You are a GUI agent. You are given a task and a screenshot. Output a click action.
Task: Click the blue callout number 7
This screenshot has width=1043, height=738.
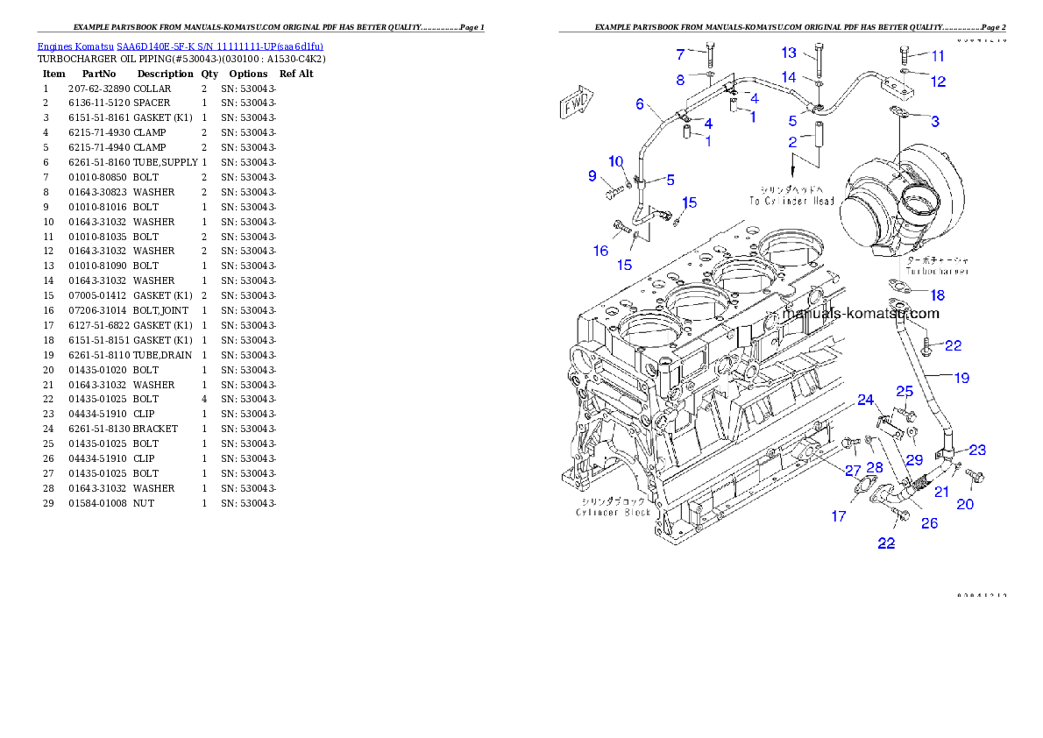[x=679, y=54]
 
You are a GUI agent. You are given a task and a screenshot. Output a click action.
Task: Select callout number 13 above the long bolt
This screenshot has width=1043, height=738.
[x=789, y=53]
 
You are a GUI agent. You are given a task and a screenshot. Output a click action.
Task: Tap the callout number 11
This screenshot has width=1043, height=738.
[x=938, y=56]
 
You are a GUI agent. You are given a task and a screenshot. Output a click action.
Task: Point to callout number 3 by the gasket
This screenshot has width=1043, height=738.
[x=935, y=121]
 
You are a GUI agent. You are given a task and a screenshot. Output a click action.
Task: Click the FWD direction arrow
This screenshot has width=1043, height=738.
[x=576, y=106]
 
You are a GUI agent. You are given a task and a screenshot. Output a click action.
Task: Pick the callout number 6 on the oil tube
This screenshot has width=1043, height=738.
[x=640, y=104]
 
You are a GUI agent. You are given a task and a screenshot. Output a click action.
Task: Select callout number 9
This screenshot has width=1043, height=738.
[x=592, y=175]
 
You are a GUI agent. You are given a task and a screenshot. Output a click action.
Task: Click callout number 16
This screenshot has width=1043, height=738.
[x=600, y=251]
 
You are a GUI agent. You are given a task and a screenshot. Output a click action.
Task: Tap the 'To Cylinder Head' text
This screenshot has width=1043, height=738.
[x=791, y=201]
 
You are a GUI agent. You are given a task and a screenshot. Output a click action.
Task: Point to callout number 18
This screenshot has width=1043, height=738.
[x=938, y=295]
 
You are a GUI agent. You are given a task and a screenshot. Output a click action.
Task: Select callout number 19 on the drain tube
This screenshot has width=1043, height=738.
[x=961, y=378]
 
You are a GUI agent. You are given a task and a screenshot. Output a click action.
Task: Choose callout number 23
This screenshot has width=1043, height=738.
[x=976, y=450]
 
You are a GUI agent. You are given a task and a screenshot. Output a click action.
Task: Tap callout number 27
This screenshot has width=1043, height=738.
[x=852, y=471]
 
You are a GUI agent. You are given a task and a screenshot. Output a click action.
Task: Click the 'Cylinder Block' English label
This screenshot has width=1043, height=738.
[x=613, y=512]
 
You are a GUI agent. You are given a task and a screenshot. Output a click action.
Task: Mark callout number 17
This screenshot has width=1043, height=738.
[x=839, y=516]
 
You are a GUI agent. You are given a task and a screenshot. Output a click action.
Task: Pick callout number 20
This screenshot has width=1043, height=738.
[x=964, y=504]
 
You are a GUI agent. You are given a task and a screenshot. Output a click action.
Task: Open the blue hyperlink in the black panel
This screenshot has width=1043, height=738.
[x=180, y=46]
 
